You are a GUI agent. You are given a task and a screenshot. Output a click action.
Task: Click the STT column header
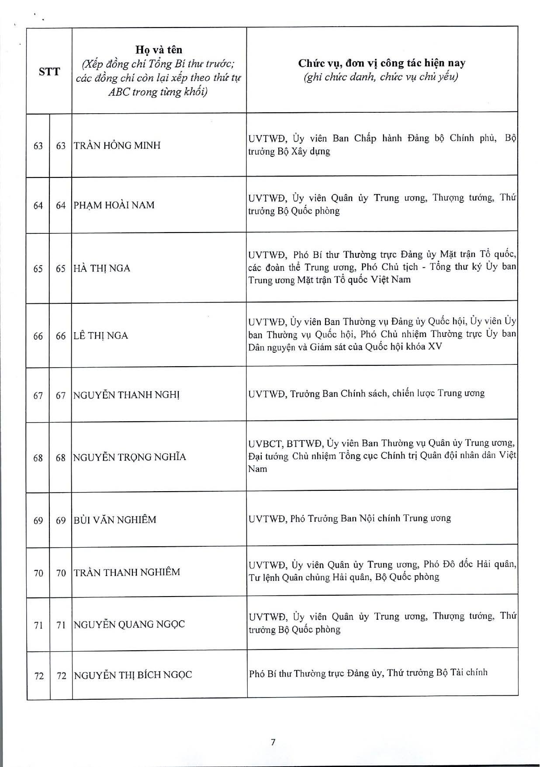pos(49,71)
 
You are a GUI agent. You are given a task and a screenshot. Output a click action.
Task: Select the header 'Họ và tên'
pos(159,50)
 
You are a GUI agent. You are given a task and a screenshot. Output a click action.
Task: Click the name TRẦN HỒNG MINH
pos(117,146)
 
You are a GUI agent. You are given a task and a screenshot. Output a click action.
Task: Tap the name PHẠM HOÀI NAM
pos(114,205)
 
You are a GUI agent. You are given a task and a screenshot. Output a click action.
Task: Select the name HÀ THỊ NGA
pos(102,268)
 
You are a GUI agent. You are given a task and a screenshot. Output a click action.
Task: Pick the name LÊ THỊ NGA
pos(101,336)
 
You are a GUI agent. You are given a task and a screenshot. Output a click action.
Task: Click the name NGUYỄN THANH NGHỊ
pos(126,395)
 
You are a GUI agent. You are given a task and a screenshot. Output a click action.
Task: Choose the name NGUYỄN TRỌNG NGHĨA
pos(129,457)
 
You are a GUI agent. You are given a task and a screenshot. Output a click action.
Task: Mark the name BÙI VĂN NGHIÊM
pos(115,520)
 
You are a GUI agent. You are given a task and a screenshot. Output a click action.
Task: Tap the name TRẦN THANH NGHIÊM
pos(127,572)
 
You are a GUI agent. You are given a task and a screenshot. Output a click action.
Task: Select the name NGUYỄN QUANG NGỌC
pos(129,624)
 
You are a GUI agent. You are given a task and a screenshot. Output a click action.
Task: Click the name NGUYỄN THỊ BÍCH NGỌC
pos(132,675)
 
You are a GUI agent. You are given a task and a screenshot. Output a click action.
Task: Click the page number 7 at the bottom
pos(273,742)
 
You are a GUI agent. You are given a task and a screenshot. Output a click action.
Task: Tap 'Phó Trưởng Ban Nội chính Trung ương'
pos(370,518)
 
